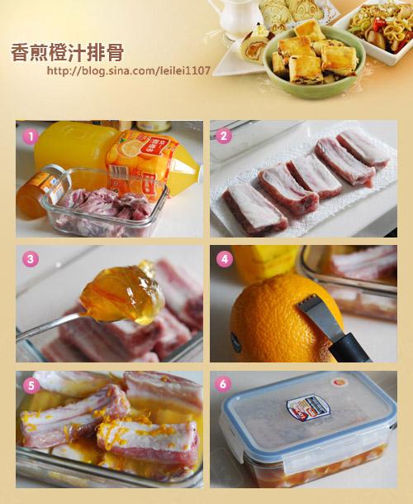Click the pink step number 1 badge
(31, 137)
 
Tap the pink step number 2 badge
(224, 136)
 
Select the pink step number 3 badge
(31, 259)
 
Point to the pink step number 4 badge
(225, 259)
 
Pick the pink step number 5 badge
(31, 386)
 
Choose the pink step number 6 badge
(223, 384)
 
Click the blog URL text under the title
(129, 70)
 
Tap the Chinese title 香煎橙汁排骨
(68, 52)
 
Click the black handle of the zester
(349, 348)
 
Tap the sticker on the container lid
(308, 409)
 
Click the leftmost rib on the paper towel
(254, 208)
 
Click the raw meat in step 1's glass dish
(106, 206)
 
